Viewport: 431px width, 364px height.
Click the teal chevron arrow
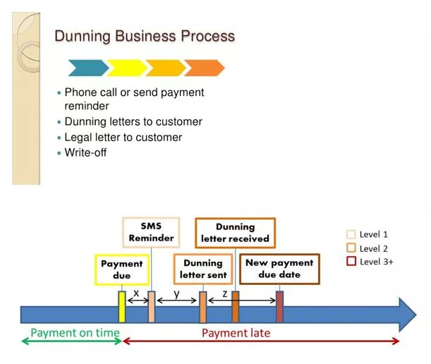pos(88,68)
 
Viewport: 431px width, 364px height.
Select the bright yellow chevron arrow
pos(127,68)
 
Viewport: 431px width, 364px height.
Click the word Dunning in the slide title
pos(83,36)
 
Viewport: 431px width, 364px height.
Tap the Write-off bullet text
pos(85,152)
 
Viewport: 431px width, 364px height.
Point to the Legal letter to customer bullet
pos(123,137)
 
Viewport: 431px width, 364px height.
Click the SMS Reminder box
pos(151,232)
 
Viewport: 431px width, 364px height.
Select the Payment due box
pos(122,269)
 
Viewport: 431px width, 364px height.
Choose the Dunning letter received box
pos(236,233)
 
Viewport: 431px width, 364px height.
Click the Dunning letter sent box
pos(203,269)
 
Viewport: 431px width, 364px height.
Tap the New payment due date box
pos(279,269)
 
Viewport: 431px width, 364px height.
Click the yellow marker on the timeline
pos(122,307)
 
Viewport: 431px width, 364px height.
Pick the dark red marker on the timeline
pos(279,307)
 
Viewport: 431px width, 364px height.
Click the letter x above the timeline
pos(136,293)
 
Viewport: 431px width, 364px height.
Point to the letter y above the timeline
pos(177,294)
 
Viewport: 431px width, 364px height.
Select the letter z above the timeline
pos(225,294)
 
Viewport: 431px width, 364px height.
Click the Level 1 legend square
pos(351,234)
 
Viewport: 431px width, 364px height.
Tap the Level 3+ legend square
pos(351,261)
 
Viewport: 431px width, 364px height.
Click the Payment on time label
pos(75,333)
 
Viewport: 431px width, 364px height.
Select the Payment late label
pos(236,333)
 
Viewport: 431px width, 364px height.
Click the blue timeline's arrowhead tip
pos(416,315)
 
